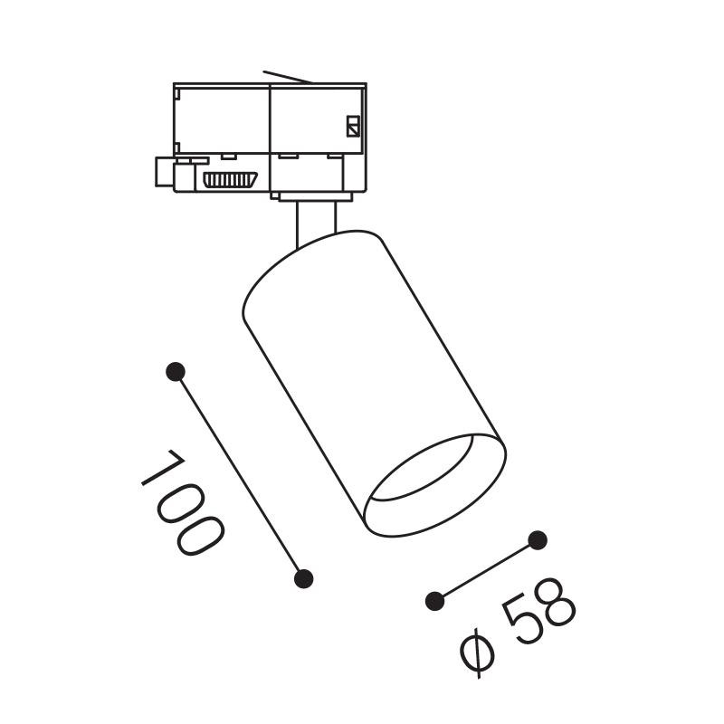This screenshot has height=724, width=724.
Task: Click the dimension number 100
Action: click(181, 502)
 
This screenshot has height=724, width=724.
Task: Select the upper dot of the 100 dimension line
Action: click(176, 371)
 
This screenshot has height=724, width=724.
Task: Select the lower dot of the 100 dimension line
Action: click(305, 577)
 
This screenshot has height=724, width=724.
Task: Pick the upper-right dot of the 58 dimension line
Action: click(538, 541)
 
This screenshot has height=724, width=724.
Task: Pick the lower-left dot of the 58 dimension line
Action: click(435, 599)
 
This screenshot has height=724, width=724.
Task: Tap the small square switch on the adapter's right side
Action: click(353, 125)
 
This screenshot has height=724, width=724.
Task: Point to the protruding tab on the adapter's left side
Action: click(165, 172)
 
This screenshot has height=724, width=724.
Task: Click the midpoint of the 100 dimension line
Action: click(241, 474)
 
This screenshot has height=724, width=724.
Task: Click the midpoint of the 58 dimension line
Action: click(487, 570)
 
